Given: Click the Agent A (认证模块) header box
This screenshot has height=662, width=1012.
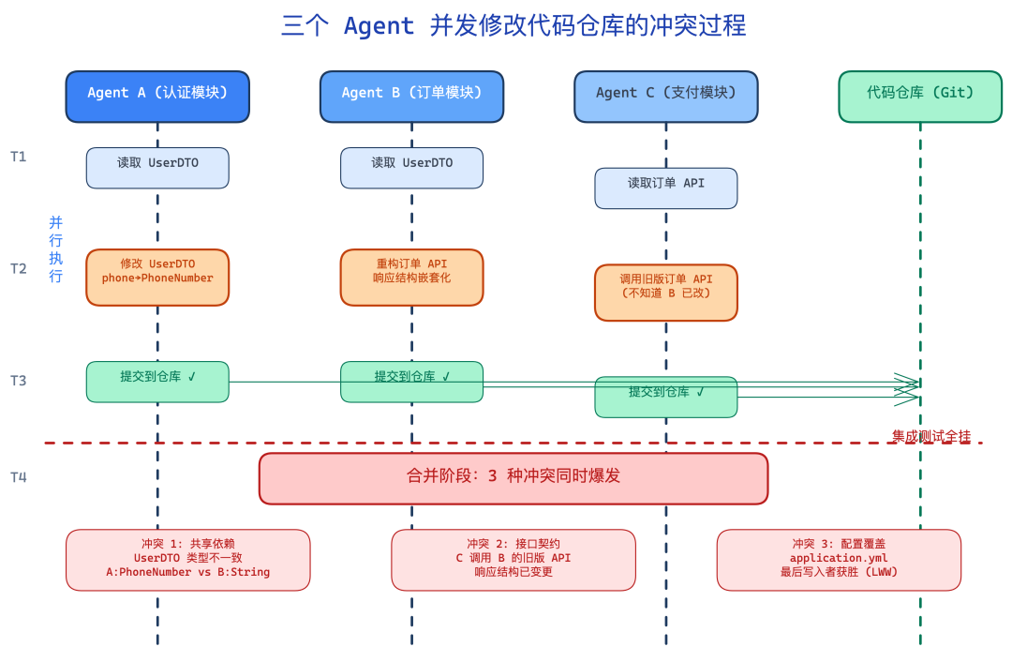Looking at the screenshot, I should (157, 96).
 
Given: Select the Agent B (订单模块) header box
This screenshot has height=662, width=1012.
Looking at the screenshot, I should (411, 96).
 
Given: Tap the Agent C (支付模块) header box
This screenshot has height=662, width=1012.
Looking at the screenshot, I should (665, 96).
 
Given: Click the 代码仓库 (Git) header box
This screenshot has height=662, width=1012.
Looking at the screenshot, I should (919, 96).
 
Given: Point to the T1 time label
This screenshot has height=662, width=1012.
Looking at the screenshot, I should (19, 157).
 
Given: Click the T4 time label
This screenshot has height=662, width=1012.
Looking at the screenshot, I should (19, 477).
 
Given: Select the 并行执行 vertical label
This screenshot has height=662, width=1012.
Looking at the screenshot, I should (56, 248).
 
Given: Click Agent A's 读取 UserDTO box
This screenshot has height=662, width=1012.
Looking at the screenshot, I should (157, 167).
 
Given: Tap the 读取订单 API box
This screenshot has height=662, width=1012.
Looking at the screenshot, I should (665, 188).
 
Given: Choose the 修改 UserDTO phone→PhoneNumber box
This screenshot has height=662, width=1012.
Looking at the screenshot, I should (157, 277).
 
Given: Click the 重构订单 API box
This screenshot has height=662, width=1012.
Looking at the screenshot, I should (411, 277).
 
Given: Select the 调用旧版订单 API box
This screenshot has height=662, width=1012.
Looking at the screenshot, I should (665, 292).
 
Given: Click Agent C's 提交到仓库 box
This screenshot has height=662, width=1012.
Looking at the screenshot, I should (665, 397).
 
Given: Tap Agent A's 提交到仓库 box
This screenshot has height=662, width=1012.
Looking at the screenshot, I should (157, 382).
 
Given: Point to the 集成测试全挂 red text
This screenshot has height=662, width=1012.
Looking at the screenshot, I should (930, 436).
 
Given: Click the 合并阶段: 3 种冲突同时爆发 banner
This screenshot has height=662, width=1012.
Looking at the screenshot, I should (513, 478).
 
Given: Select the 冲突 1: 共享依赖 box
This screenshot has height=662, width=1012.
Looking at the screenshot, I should (187, 559).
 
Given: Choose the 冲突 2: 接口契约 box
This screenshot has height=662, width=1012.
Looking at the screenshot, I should (513, 559).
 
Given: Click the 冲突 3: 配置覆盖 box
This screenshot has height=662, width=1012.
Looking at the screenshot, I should (839, 559).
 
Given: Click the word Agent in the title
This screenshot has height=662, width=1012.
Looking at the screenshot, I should (379, 26).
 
